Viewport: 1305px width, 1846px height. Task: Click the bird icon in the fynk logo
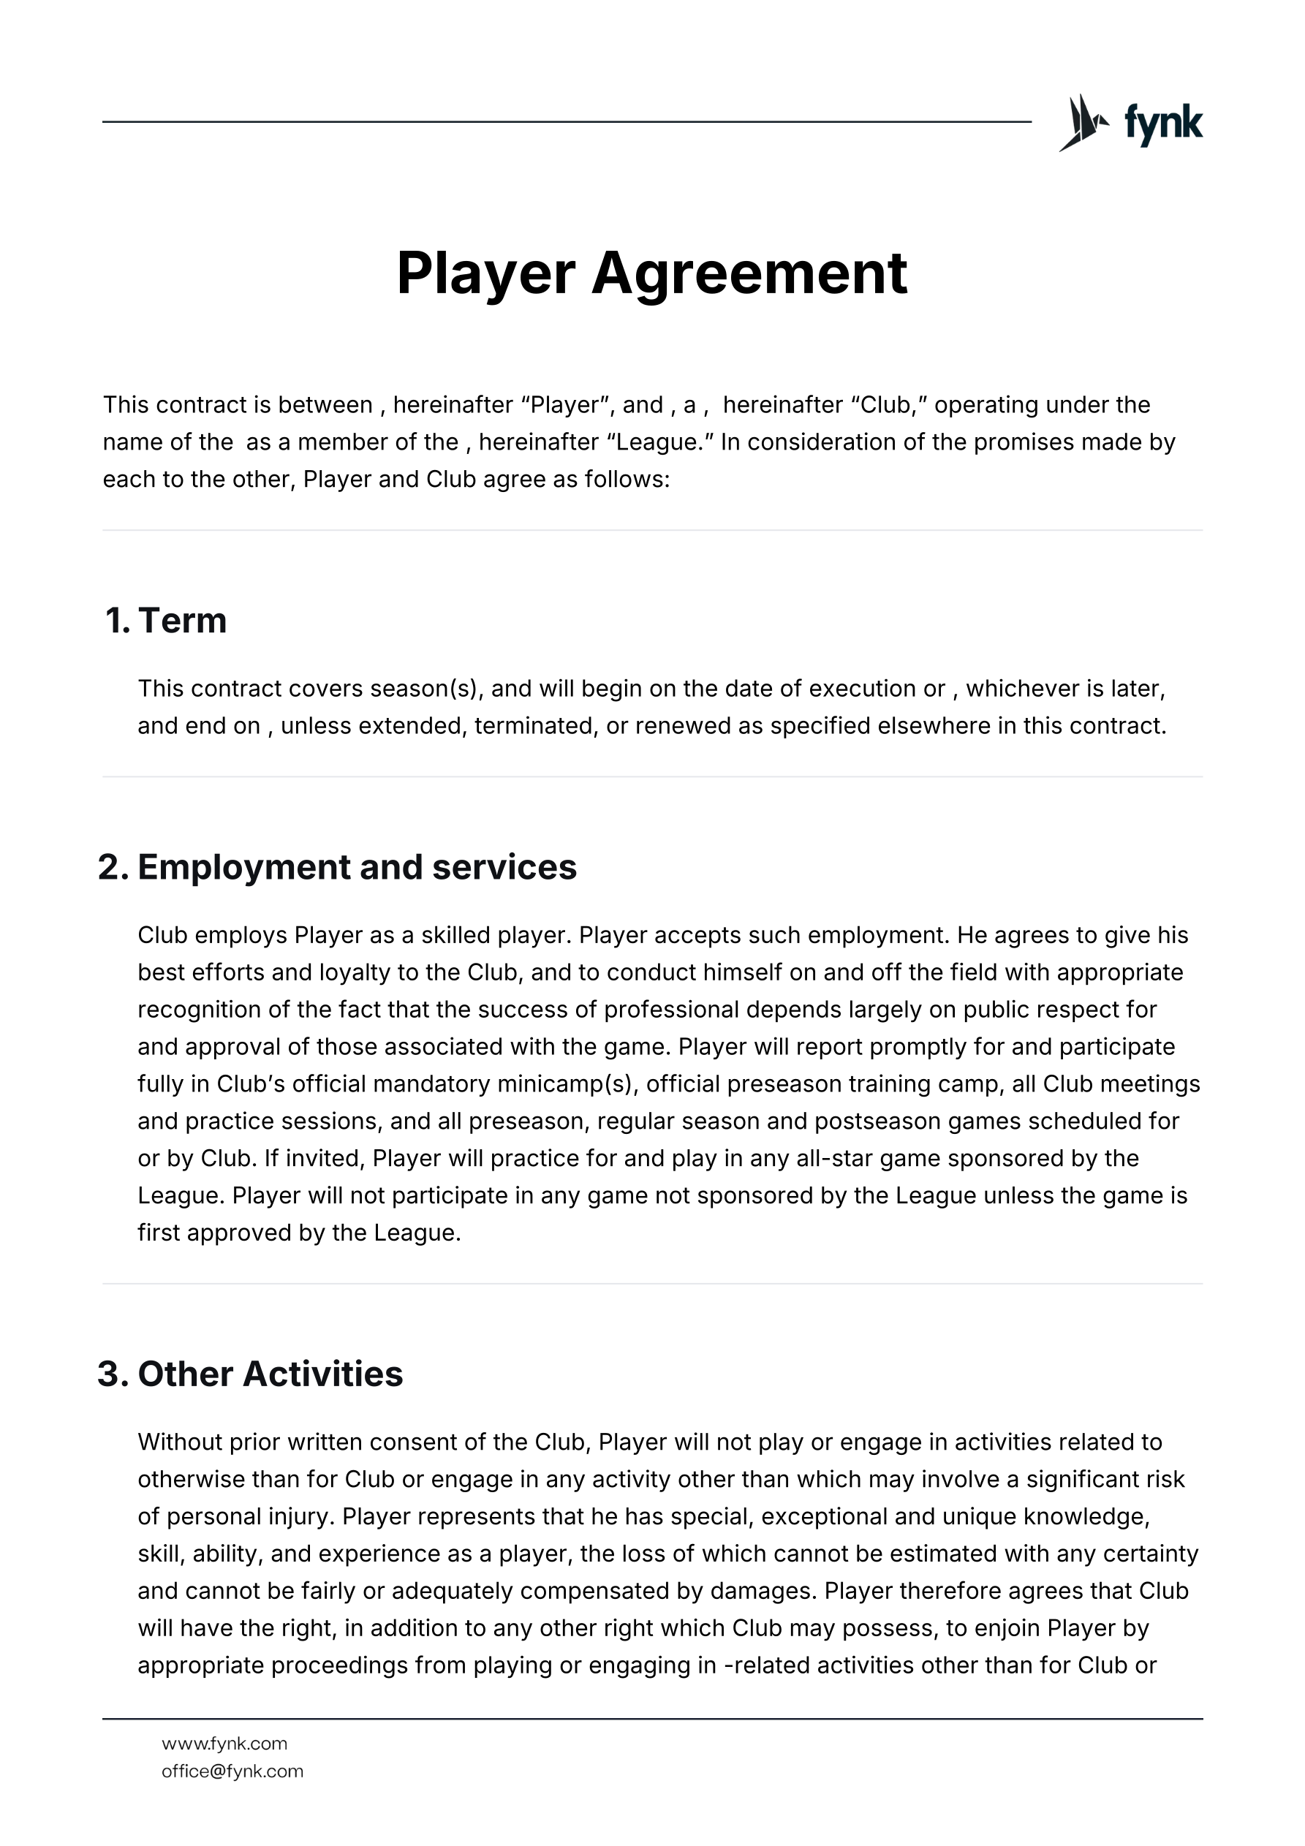(1082, 123)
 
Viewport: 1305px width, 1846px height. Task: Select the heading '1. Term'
(166, 621)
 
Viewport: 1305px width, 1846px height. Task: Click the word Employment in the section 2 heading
(243, 868)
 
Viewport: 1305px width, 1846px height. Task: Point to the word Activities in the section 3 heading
(322, 1374)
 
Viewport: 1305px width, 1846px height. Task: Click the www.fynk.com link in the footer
(224, 1743)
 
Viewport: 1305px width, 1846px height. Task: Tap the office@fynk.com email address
(232, 1771)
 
